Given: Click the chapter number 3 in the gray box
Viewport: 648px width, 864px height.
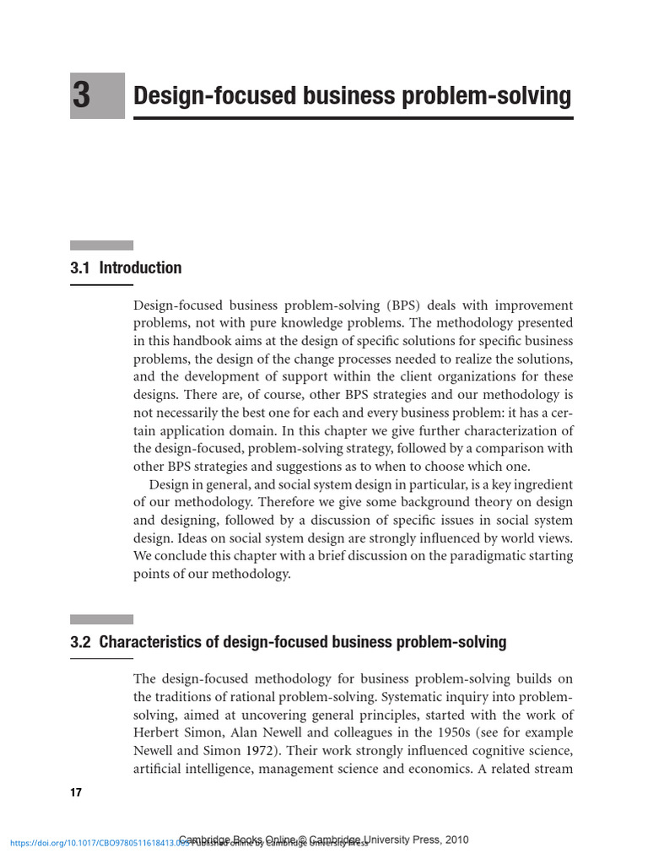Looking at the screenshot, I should pos(82,96).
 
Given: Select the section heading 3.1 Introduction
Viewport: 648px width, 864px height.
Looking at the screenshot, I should pos(126,268).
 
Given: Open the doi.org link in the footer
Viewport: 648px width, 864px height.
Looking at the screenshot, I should pos(93,843).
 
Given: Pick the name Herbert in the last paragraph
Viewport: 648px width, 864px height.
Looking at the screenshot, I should pos(158,732).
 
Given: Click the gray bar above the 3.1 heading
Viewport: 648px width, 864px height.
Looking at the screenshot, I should pos(101,246).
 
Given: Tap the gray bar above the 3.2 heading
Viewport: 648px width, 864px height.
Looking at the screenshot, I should pos(101,619).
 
